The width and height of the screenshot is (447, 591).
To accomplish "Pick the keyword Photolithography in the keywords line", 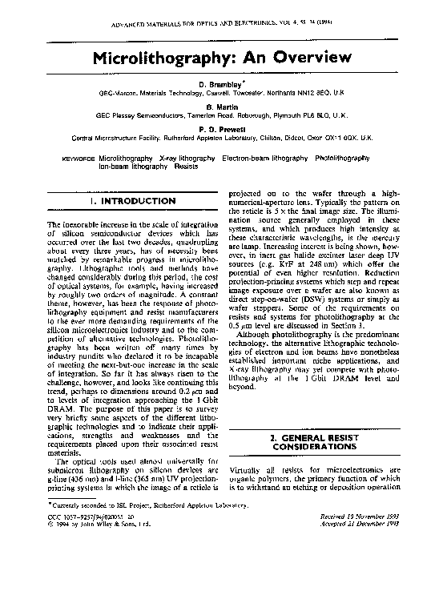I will pos(343,159).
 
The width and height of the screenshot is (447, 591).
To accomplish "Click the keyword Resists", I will pos(186,167).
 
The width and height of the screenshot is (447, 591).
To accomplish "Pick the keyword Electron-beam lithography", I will pos(260,159).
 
